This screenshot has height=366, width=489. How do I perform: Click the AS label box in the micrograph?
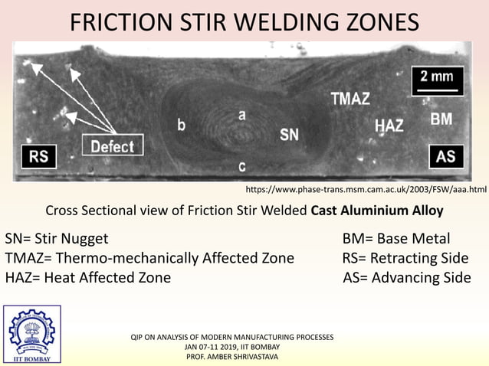[445, 156]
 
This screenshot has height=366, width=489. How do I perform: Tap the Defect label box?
[113, 145]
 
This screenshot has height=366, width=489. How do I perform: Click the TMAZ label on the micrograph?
[350, 99]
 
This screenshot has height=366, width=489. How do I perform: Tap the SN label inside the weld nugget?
[289, 135]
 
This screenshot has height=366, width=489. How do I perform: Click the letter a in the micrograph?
[241, 115]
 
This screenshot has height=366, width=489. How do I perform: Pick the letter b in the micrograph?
[181, 125]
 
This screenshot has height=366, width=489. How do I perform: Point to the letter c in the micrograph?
[241, 165]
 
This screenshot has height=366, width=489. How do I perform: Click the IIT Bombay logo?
[31, 335]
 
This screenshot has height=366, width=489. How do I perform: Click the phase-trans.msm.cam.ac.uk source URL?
[366, 188]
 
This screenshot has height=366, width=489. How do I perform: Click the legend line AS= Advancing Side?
[407, 277]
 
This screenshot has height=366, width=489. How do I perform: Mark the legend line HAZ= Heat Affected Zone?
[88, 277]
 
